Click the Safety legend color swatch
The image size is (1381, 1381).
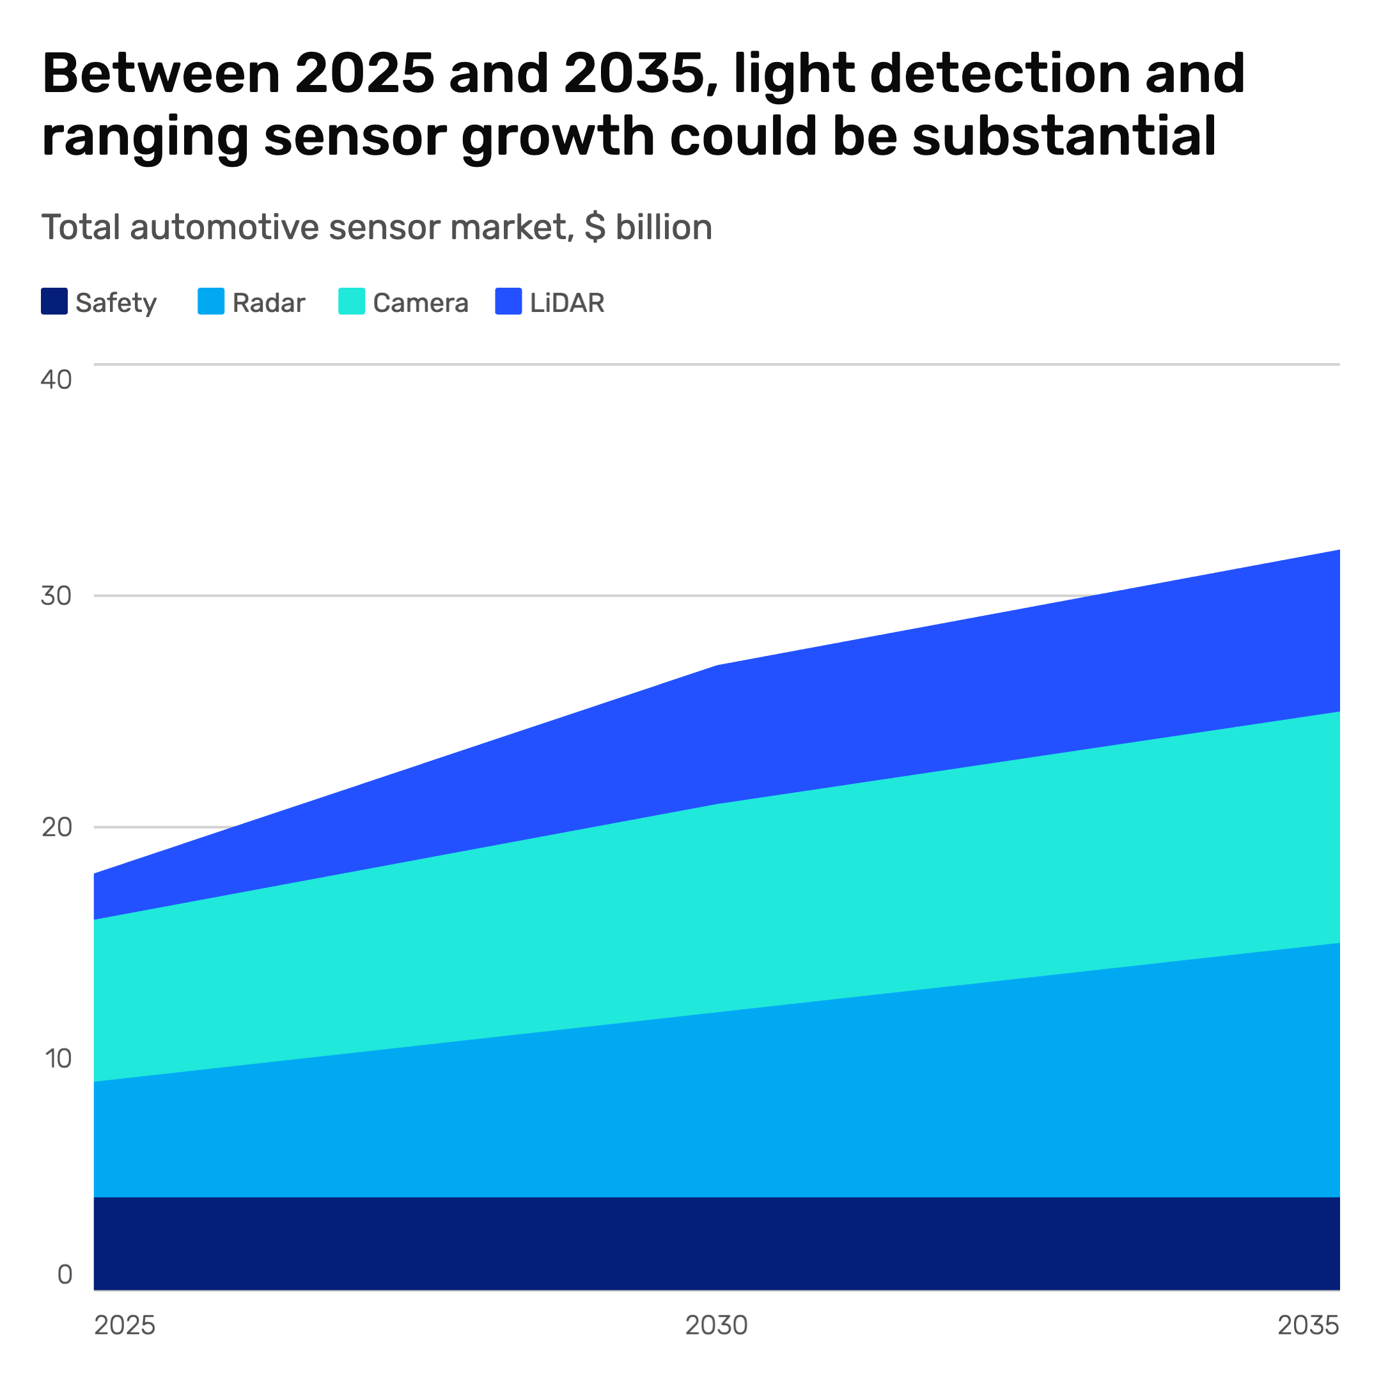(54, 301)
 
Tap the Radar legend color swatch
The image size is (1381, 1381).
(211, 301)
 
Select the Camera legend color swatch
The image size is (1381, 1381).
(352, 301)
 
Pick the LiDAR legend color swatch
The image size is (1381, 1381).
(508, 301)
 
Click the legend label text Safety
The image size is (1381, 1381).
(116, 303)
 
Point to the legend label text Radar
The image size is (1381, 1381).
(269, 303)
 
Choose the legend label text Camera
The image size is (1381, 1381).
(420, 303)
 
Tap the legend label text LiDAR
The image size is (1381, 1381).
(567, 303)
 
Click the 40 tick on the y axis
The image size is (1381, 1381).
(56, 380)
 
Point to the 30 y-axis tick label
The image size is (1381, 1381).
(56, 595)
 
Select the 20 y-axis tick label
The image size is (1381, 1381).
(56, 827)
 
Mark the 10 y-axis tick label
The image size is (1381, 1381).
(58, 1059)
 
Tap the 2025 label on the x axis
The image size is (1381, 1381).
(125, 1325)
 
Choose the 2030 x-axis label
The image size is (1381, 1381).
(716, 1325)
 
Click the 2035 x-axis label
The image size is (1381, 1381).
(1308, 1325)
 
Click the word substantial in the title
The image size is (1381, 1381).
(1065, 135)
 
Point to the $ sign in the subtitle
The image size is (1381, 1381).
(595, 228)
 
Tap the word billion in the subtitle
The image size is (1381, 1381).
(664, 228)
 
